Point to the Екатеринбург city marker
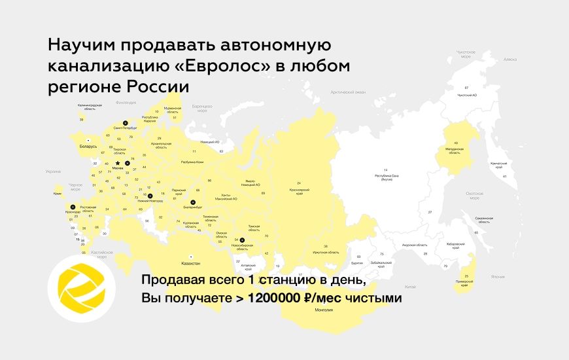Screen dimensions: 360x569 click(x=193, y=203)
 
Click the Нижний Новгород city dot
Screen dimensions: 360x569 click(x=150, y=196)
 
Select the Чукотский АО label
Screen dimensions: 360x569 click(x=466, y=95)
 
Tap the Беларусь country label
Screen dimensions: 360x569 click(x=88, y=146)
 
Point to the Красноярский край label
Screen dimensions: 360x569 click(x=299, y=189)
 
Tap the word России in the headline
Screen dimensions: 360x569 click(x=154, y=87)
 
